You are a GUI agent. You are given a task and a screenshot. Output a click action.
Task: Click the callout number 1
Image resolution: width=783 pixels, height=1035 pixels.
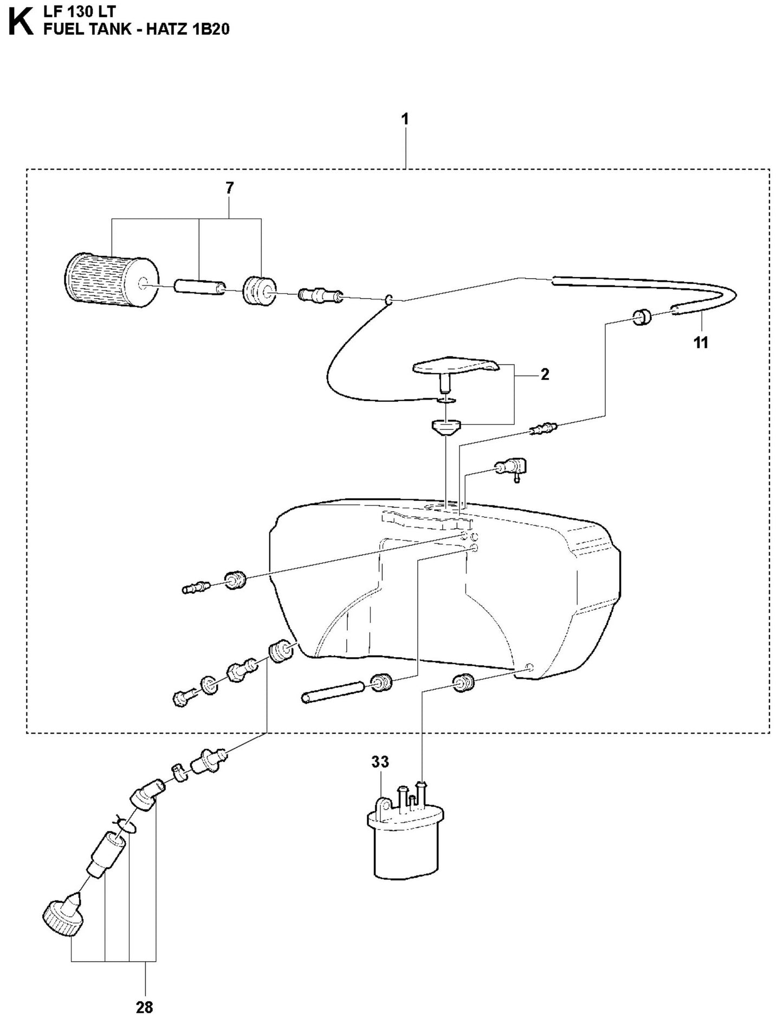click(x=405, y=119)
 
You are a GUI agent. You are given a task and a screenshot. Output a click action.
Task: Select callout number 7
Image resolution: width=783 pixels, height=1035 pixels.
click(x=229, y=188)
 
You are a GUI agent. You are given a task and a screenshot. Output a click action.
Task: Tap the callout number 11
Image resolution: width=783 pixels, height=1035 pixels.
click(x=701, y=343)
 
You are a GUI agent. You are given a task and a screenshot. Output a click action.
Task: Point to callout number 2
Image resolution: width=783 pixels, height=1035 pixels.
click(x=545, y=374)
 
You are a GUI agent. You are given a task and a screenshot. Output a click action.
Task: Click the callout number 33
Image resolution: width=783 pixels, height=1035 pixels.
click(x=380, y=762)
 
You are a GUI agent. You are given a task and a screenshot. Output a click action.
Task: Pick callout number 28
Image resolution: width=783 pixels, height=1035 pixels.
click(x=145, y=1007)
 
